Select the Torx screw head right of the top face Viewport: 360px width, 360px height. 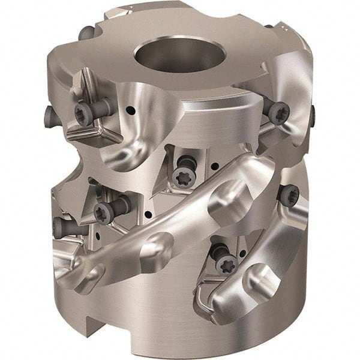coord(278,113)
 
